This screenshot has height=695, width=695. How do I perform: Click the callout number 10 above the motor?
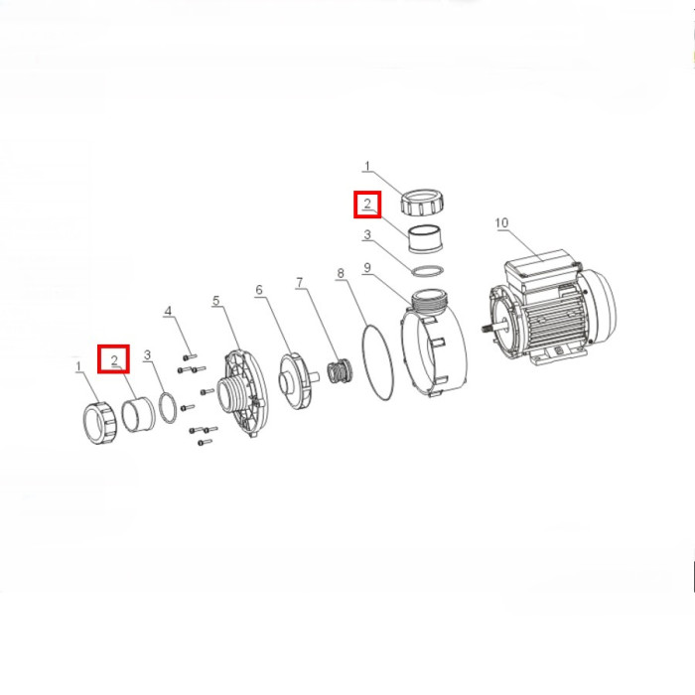[x=501, y=222]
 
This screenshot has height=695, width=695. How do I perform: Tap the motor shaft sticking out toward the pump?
[x=493, y=329]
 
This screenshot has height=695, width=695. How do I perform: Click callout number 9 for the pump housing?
[x=367, y=268]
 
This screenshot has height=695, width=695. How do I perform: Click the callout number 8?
[x=341, y=273]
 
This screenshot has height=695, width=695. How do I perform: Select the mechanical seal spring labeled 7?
[x=340, y=371]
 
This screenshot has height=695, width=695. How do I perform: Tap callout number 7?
[x=300, y=282]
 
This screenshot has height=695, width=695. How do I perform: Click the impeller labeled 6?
[x=294, y=380]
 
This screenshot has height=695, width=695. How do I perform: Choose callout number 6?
[x=259, y=290]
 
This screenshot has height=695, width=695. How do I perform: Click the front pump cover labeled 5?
[x=242, y=393]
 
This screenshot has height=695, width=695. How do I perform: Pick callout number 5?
[x=215, y=301]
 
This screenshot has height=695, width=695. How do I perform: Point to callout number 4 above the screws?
[x=168, y=311]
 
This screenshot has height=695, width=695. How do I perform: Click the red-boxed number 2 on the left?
[x=114, y=359]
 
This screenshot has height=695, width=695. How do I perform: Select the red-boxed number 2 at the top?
[x=367, y=205]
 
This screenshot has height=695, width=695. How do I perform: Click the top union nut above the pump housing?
[x=421, y=202]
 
